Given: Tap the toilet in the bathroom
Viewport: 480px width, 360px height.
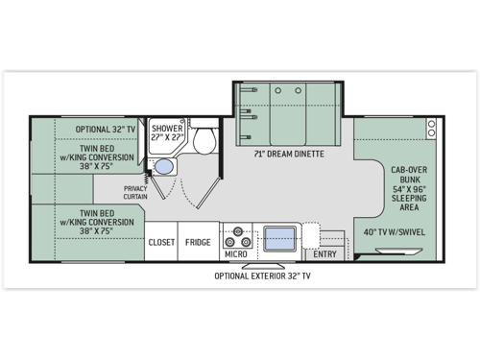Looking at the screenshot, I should click(203, 141).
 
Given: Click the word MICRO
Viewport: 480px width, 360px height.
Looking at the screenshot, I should click(236, 253).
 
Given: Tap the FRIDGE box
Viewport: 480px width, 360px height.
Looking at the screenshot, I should click(199, 242).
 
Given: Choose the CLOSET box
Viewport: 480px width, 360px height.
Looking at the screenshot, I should click(161, 242).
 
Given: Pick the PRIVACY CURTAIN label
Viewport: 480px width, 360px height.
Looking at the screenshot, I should click(135, 192).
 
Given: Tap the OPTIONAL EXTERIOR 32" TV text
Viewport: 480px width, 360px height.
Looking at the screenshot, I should click(262, 276).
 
